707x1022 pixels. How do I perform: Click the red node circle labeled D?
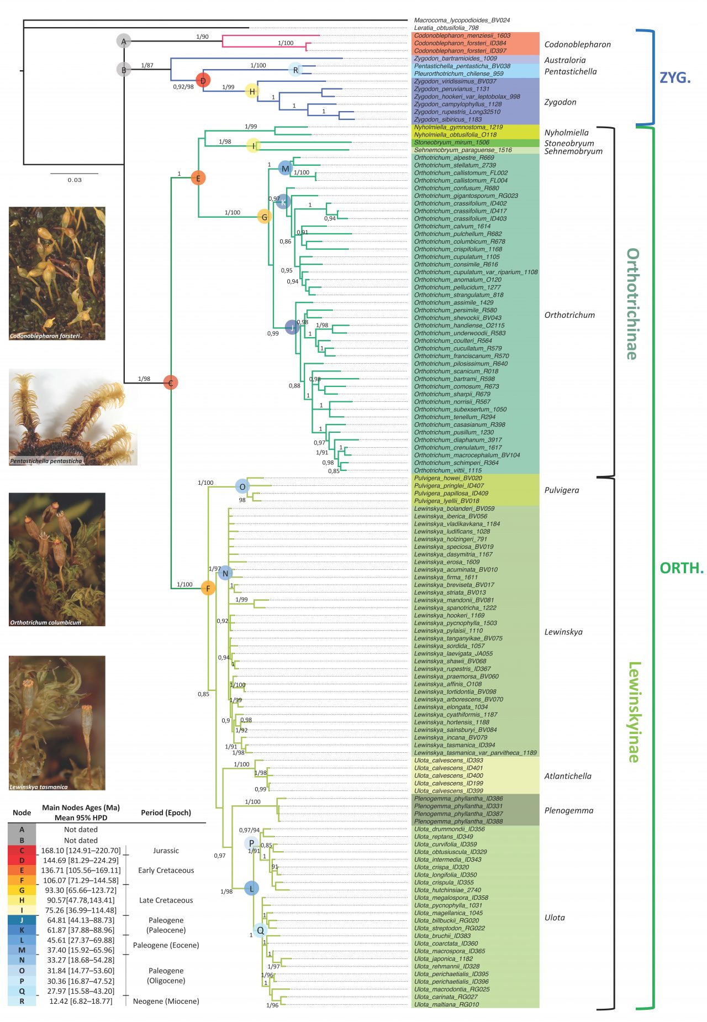click(x=203, y=81)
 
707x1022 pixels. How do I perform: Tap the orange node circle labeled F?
click(x=208, y=588)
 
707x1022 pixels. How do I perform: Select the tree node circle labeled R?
click(x=296, y=70)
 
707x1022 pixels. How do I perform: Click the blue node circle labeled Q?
click(x=260, y=930)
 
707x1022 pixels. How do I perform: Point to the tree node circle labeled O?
click(x=242, y=486)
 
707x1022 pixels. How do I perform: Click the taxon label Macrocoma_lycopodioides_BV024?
click(x=462, y=20)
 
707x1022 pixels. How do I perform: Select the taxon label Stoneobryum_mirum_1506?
click(x=451, y=143)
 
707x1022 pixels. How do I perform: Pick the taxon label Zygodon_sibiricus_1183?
click(x=447, y=119)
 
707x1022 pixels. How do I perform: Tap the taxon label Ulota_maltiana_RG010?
click(x=446, y=1004)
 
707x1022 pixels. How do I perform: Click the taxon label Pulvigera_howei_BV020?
click(x=448, y=478)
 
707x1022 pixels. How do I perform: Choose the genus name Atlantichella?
click(x=567, y=776)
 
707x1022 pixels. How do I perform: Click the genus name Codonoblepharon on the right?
click(x=577, y=45)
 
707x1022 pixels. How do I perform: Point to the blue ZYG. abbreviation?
click(x=675, y=77)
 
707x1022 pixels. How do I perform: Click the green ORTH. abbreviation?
click(x=682, y=568)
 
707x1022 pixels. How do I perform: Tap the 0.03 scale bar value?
click(x=75, y=180)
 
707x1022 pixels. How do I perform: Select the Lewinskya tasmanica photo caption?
click(x=39, y=787)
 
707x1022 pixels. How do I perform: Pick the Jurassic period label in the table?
click(x=166, y=851)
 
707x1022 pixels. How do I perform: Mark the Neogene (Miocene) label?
click(x=166, y=1001)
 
